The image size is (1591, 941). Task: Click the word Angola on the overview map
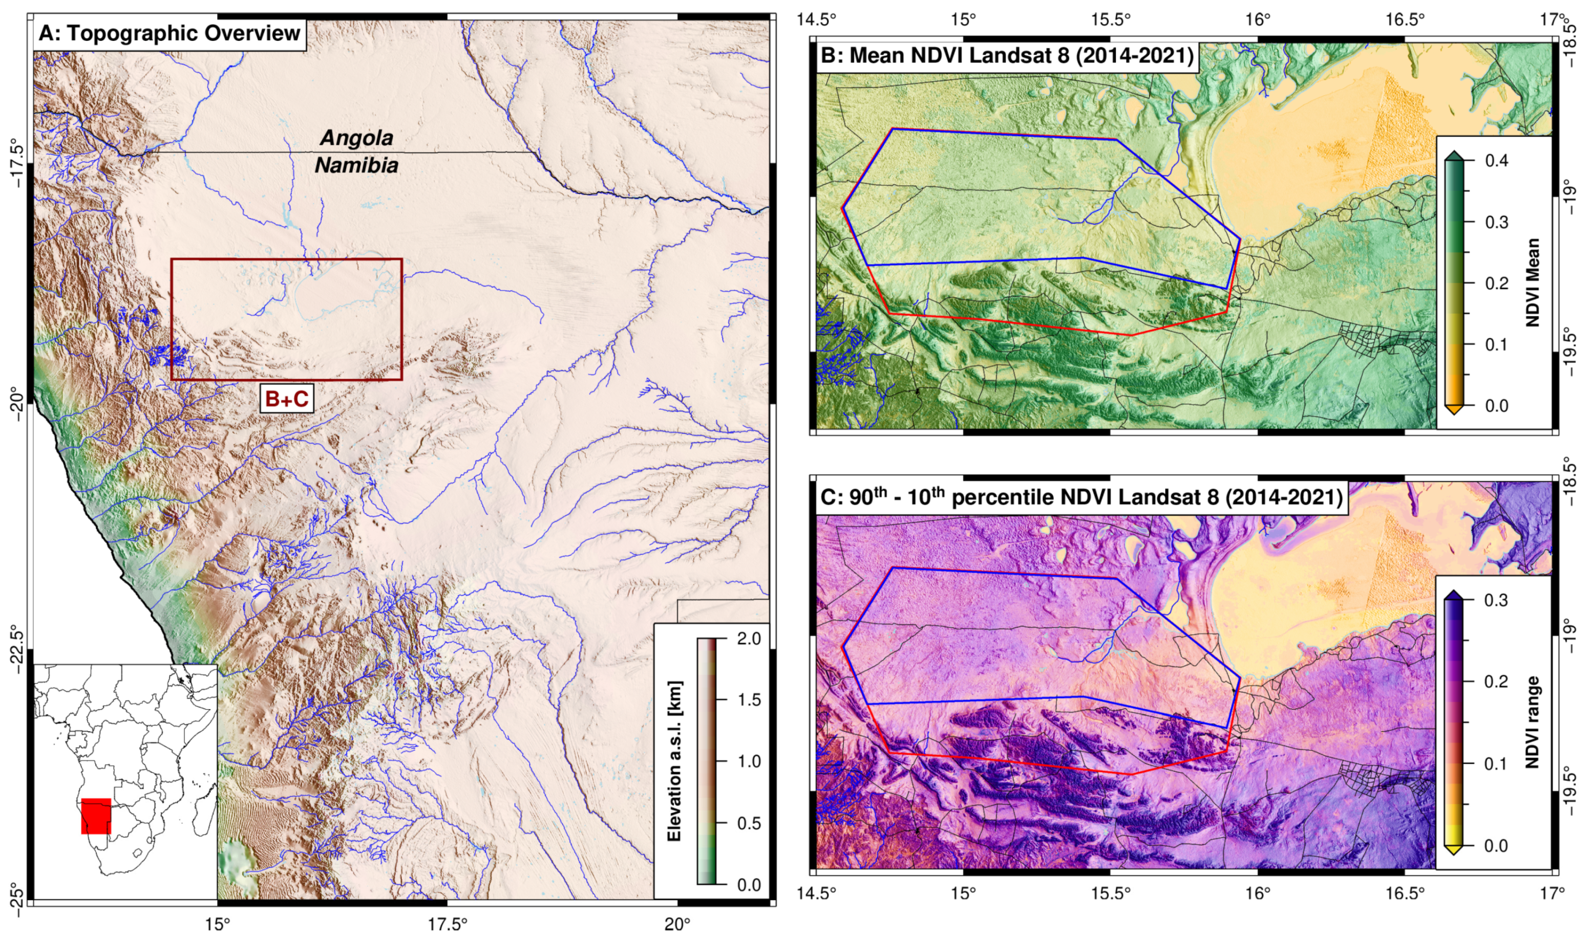(x=356, y=138)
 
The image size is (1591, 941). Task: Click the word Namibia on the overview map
(x=356, y=165)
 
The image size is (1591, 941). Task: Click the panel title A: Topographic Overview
(x=169, y=33)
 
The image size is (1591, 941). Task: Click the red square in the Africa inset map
(x=96, y=816)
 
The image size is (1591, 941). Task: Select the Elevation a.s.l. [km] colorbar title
(x=674, y=761)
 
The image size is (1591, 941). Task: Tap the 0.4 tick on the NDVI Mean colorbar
(x=1497, y=161)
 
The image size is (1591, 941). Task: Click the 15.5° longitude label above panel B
(x=1111, y=19)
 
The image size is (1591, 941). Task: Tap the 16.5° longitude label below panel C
(x=1405, y=893)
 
